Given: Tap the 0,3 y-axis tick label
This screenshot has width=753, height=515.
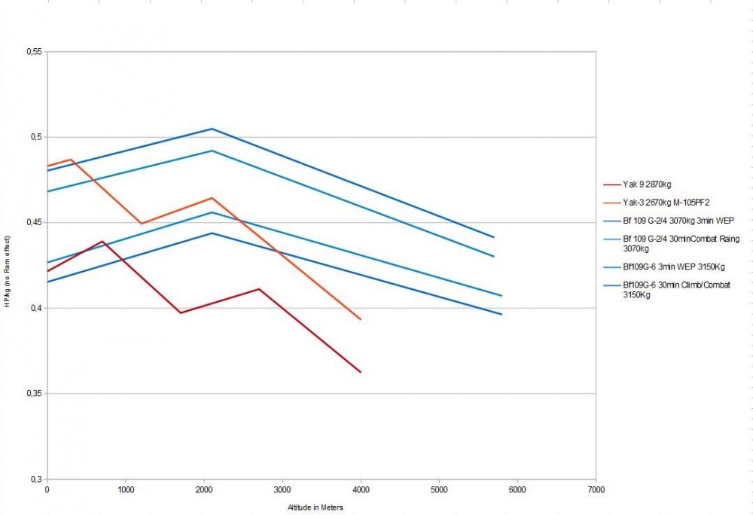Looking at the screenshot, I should pos(35,479).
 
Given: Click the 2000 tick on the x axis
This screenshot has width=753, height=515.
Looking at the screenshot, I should pos(204,490).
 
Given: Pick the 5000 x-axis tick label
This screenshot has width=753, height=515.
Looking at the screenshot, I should pos(439,490).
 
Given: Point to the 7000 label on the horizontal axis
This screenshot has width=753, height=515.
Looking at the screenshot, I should pos(596,490).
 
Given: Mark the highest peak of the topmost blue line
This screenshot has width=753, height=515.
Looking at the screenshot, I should pos(212,129).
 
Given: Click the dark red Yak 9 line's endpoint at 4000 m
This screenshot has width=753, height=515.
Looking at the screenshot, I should pos(361,372).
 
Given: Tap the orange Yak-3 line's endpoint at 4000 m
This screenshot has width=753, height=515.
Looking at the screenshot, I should pos(361,319).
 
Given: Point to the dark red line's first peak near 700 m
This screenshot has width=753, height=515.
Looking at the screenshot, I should pos(102,241).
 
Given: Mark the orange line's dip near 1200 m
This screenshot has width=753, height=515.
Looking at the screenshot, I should pos(141,224).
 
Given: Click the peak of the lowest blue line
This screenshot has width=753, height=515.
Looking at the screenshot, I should pos(212,233).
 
